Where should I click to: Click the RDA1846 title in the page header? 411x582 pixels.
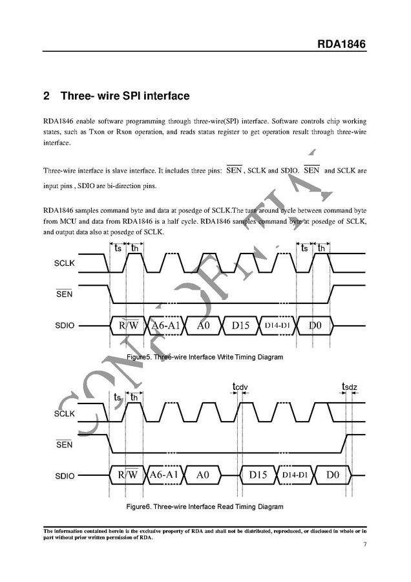(x=341, y=45)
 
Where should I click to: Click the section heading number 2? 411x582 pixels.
(x=47, y=96)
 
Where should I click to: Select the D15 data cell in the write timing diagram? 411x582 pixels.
(x=239, y=325)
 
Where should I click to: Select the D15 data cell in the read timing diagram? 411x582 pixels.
(x=258, y=475)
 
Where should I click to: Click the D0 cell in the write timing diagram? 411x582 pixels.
(x=315, y=325)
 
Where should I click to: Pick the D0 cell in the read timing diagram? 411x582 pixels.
(x=332, y=475)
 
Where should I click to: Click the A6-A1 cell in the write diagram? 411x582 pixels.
(x=165, y=325)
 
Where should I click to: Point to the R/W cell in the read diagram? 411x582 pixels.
(x=128, y=475)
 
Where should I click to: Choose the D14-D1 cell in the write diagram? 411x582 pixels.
(x=277, y=325)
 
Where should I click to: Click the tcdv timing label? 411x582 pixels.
(x=240, y=387)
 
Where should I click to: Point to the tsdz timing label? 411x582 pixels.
(x=349, y=387)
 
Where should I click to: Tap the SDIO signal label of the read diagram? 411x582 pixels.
(x=65, y=476)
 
